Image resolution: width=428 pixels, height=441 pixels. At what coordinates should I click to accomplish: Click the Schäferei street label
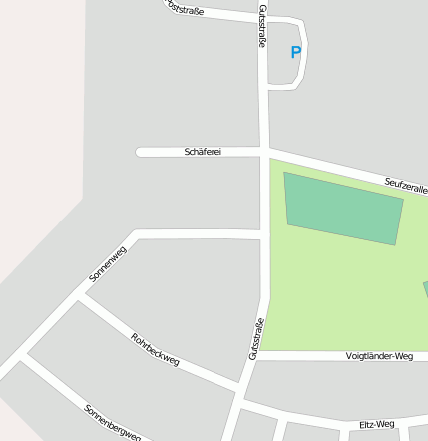click(203, 152)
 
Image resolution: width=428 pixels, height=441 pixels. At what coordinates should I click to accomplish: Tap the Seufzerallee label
click(406, 185)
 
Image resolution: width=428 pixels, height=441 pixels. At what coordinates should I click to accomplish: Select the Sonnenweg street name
click(108, 263)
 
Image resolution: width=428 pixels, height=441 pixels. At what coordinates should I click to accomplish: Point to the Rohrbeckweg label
click(155, 349)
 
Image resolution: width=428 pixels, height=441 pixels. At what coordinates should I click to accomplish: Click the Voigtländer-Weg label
click(379, 356)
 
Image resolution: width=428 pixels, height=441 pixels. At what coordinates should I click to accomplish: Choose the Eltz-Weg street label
click(377, 425)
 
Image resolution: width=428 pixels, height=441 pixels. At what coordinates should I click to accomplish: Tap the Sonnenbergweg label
click(112, 422)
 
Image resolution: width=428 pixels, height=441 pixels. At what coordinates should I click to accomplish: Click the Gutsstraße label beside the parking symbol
click(262, 26)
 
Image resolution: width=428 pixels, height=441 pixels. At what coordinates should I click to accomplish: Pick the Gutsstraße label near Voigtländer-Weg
click(256, 338)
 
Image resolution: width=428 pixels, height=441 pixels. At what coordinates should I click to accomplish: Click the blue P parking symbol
click(295, 53)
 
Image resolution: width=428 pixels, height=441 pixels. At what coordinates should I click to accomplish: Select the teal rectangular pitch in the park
click(344, 208)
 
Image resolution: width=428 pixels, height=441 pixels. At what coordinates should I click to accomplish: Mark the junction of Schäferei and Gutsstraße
click(264, 152)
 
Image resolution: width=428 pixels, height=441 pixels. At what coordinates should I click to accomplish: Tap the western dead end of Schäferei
click(140, 152)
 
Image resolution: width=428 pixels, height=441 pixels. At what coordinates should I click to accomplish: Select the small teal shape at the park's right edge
click(425, 289)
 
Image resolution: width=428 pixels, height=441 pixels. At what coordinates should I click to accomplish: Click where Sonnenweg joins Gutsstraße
click(263, 235)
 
